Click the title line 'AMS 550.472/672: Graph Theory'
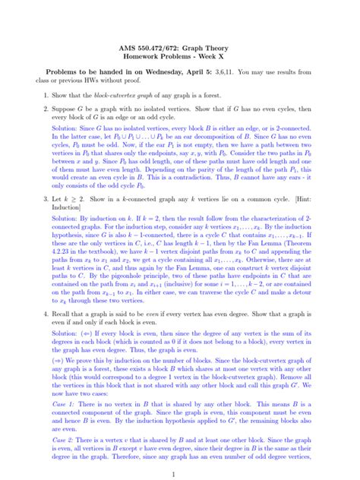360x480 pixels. point(180,47)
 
